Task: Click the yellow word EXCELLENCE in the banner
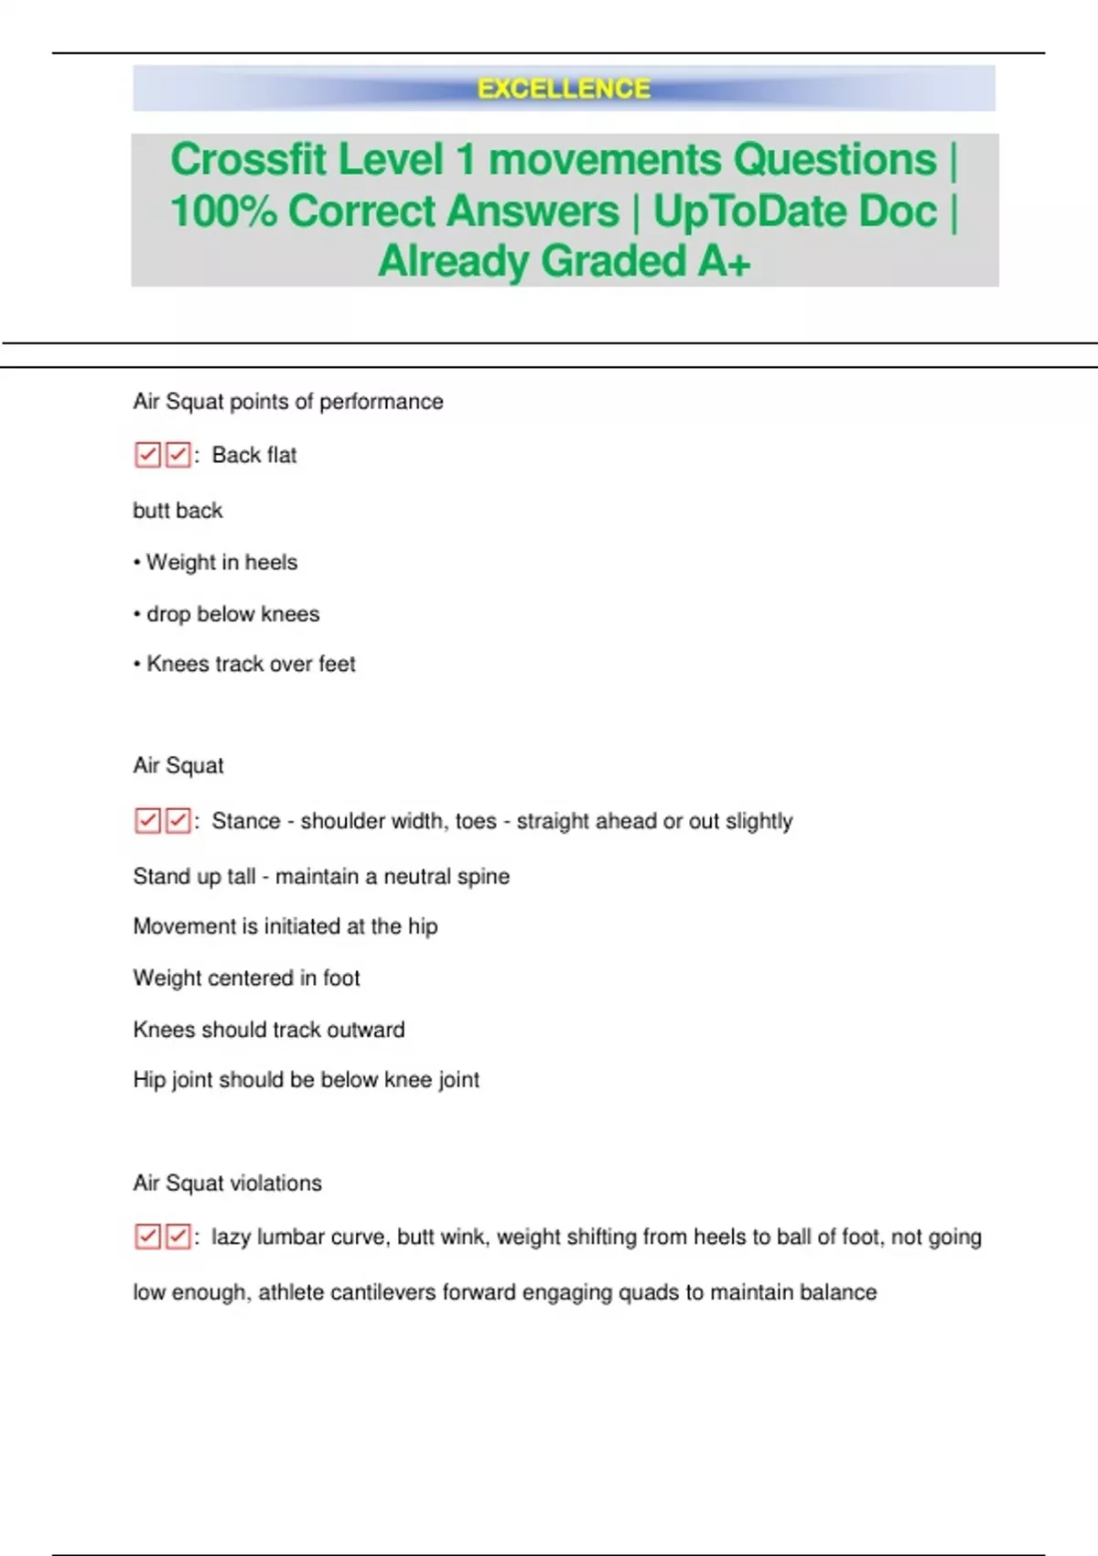[x=564, y=89]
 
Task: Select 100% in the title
[x=222, y=211]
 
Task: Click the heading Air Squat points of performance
[x=287, y=402]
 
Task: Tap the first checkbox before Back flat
[x=147, y=455]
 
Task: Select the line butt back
[x=178, y=511]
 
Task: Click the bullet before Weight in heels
[x=137, y=563]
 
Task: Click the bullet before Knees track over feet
[x=137, y=665]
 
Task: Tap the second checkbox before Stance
[x=178, y=821]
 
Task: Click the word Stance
[x=246, y=821]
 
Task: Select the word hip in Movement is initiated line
[x=423, y=926]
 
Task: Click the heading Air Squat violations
[x=227, y=1183]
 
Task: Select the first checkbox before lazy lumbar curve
[x=147, y=1237]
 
